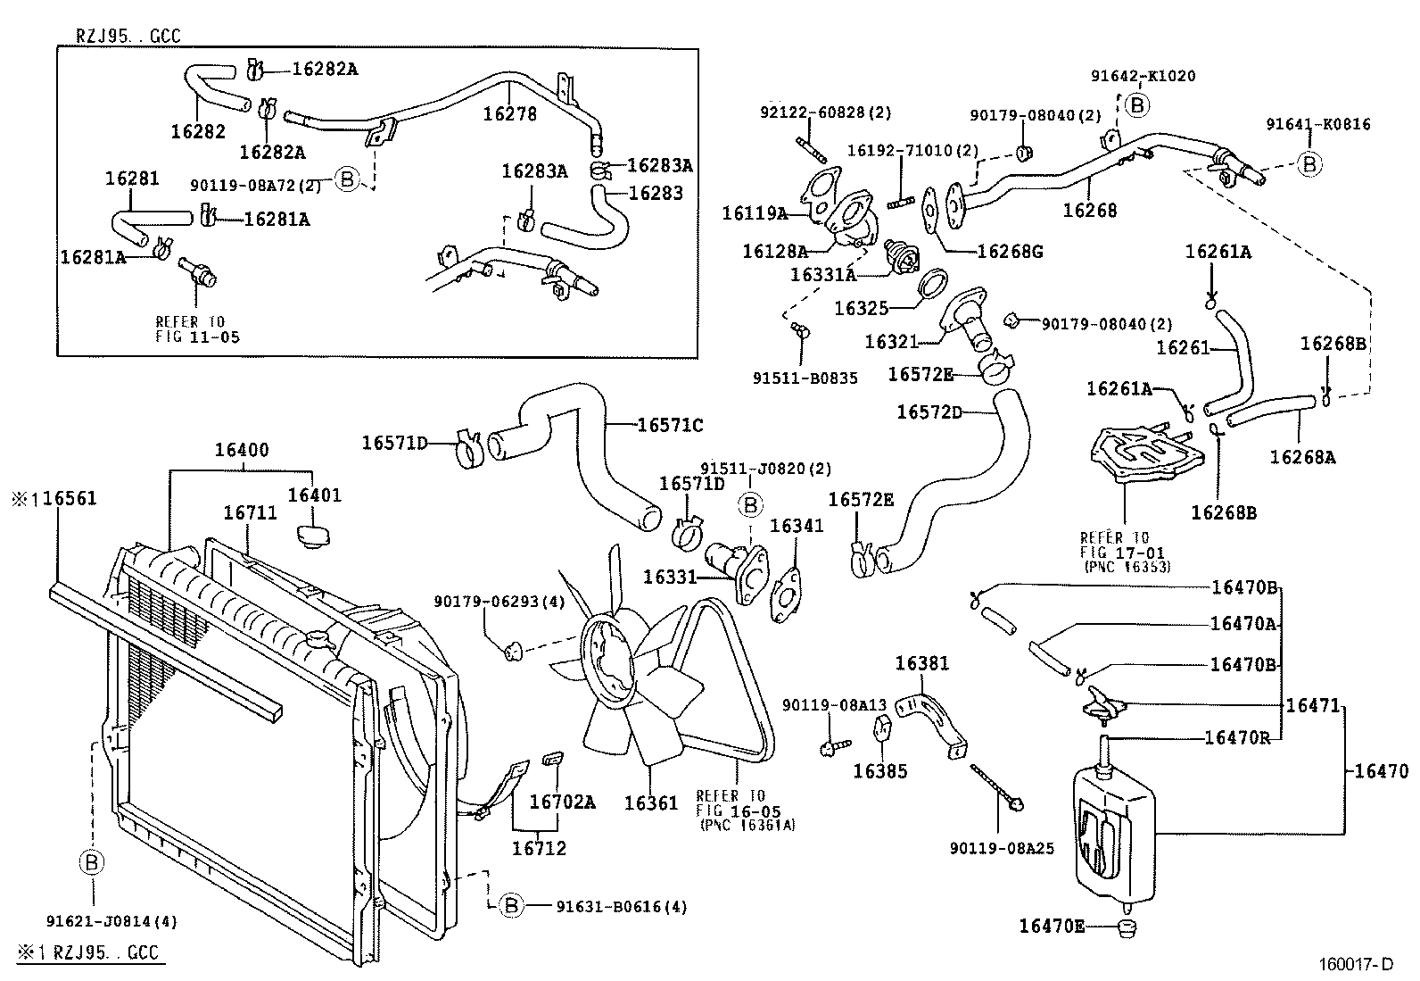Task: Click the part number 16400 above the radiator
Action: pyautogui.click(x=241, y=451)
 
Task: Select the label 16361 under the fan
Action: pyautogui.click(x=651, y=803)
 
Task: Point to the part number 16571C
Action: pyautogui.click(x=670, y=426)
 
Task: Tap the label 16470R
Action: pyautogui.click(x=1239, y=737)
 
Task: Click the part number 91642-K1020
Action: pyautogui.click(x=1143, y=77)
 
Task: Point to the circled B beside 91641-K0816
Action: pyautogui.click(x=1309, y=164)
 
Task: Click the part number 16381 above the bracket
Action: pyautogui.click(x=922, y=663)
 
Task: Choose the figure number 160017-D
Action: pyautogui.click(x=1356, y=964)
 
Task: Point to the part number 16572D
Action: pyautogui.click(x=929, y=412)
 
